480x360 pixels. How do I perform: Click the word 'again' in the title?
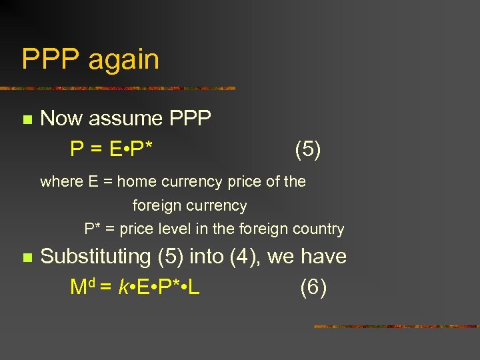point(124,60)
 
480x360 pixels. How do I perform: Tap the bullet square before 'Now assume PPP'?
point(27,120)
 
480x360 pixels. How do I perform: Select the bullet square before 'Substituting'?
point(27,257)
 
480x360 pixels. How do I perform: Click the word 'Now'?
point(62,119)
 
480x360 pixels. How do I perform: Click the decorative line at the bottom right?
point(396,327)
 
